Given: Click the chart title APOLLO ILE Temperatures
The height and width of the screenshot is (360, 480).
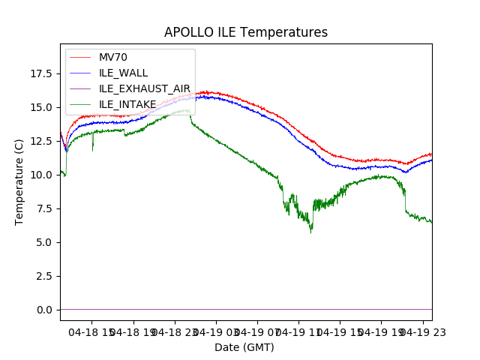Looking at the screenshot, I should pos(246,33).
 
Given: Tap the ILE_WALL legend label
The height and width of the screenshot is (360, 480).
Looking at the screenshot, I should pos(123,73).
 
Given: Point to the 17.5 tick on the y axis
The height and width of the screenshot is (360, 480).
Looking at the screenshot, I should pos(40,73).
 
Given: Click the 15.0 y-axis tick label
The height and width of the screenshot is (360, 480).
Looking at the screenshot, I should pos(40,107).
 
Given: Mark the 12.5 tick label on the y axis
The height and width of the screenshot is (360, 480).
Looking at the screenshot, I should pos(40,141).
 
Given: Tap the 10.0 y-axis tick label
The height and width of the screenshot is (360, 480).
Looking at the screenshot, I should pos(40,175).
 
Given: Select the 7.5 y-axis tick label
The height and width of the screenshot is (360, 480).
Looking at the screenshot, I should pos(43,208).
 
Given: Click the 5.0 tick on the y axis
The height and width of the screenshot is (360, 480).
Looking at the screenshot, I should pos(43,242).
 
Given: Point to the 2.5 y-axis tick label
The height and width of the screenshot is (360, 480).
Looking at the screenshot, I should pos(43,276).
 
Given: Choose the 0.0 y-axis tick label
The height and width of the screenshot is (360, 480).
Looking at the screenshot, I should pos(43,310).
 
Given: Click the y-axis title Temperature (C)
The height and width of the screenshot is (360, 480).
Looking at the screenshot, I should pos(19,182).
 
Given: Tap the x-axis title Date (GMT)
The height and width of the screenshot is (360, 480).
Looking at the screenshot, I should pos(244,347).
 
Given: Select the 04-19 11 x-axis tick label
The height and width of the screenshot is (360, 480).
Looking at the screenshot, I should pos(298,331).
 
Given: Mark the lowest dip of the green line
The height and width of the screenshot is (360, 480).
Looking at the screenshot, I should pos(311,232).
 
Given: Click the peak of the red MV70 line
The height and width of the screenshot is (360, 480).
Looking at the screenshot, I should pos(204,91).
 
